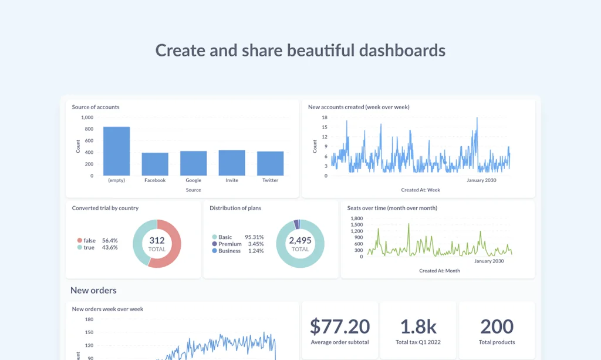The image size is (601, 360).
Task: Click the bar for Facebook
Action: click(x=155, y=164)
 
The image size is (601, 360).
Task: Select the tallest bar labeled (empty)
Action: click(x=116, y=151)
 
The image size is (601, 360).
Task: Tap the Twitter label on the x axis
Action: click(x=270, y=180)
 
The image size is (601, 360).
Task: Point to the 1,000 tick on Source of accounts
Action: click(x=86, y=117)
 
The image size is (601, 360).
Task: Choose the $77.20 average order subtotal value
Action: click(x=340, y=327)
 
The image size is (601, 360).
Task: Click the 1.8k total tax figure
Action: click(x=418, y=327)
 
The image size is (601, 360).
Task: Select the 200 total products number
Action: click(x=497, y=327)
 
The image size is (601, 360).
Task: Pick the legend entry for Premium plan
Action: click(x=229, y=244)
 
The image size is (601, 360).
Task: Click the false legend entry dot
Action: click(x=79, y=240)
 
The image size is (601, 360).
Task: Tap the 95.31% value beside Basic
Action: click(x=254, y=237)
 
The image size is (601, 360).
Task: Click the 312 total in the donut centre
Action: click(x=157, y=241)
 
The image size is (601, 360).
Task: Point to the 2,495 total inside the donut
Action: click(x=300, y=241)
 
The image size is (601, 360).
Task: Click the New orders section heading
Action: click(x=93, y=290)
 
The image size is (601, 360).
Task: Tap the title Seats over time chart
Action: click(x=391, y=208)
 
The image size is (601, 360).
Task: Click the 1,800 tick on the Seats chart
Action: click(x=356, y=218)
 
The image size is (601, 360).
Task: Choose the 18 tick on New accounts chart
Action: click(x=324, y=117)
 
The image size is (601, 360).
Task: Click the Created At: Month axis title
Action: click(x=439, y=271)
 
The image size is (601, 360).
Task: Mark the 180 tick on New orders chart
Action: click(x=89, y=319)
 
